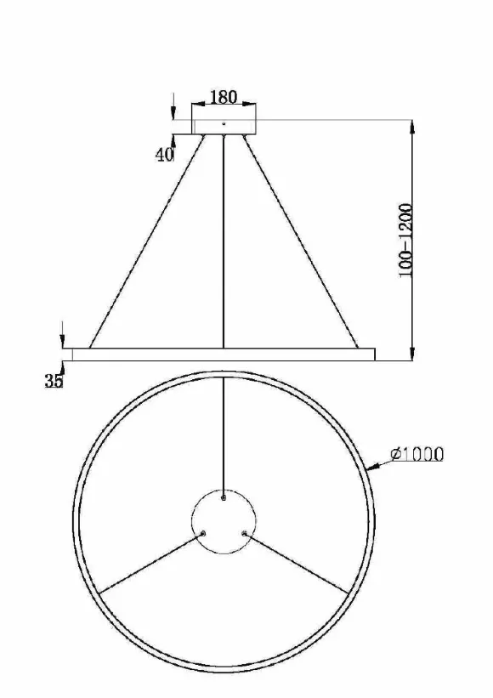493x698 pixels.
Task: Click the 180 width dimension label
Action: tap(224, 97)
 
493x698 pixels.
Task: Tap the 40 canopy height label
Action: tap(165, 155)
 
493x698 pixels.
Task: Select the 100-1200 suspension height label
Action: tap(405, 241)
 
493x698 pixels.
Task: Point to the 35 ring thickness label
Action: tap(54, 381)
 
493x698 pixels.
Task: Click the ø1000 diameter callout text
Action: tap(416, 454)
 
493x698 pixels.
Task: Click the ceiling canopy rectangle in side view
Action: tap(224, 119)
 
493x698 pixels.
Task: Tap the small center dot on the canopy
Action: tap(224, 123)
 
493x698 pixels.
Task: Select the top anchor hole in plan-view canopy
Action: tap(224, 497)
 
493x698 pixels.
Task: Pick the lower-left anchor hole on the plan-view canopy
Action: tap(203, 533)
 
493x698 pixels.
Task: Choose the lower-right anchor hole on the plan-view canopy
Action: tap(244, 533)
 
